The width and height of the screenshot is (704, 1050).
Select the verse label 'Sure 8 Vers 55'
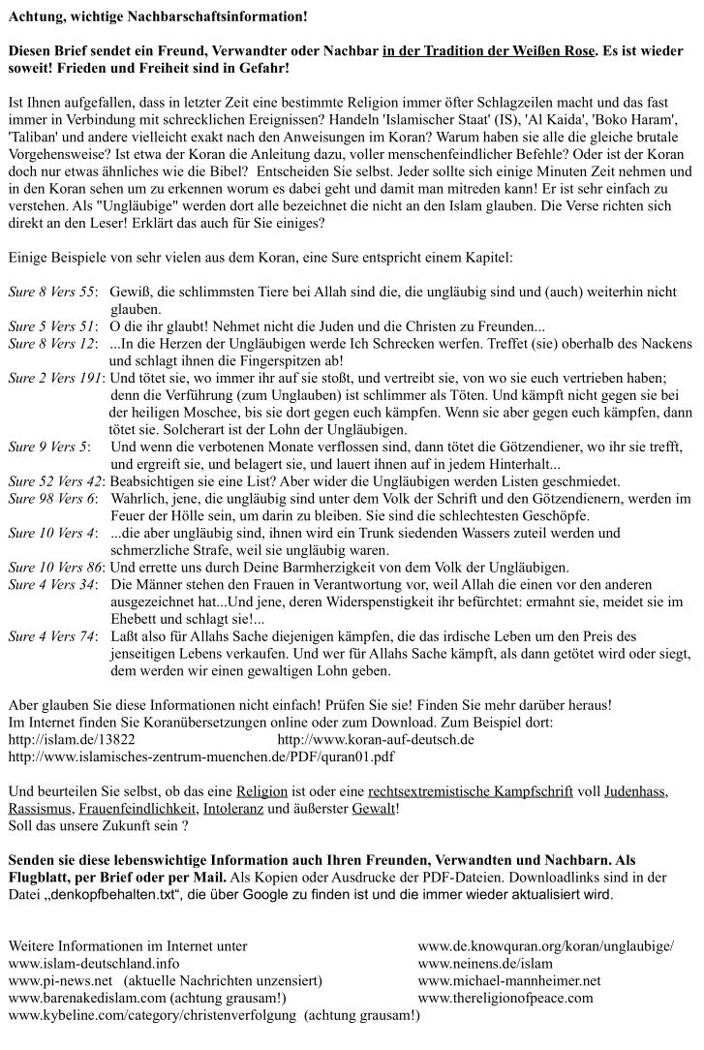pos(51,292)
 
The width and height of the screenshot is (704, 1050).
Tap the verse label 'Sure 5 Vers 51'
pos(51,325)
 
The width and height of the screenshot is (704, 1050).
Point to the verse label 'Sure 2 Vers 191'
pos(55,378)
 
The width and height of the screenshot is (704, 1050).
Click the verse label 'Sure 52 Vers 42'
pos(55,481)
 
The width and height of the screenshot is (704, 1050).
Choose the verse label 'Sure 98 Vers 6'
pos(51,498)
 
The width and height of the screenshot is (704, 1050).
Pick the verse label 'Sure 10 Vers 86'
pos(55,568)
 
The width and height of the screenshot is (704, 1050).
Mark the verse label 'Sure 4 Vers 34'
pos(51,584)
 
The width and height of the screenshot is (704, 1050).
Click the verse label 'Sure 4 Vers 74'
pos(51,636)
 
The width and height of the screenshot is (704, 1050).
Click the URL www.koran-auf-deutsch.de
pos(376,739)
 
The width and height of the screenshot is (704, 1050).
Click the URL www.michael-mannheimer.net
pos(509,980)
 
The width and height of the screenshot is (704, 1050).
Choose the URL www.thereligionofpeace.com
pos(505,998)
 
